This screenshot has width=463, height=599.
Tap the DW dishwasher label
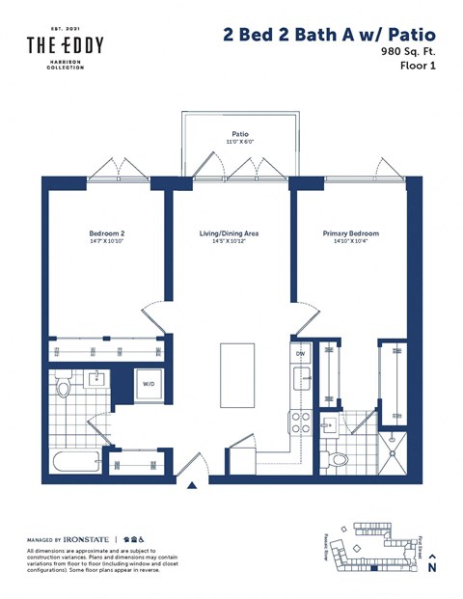[x=300, y=354]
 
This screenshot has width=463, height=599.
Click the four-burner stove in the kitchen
[x=299, y=422]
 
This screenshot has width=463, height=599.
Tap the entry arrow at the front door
[x=193, y=490]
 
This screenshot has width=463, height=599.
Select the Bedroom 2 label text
[x=107, y=233]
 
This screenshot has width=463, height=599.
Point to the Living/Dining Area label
[x=229, y=233]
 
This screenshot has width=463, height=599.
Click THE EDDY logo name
[x=65, y=45]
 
